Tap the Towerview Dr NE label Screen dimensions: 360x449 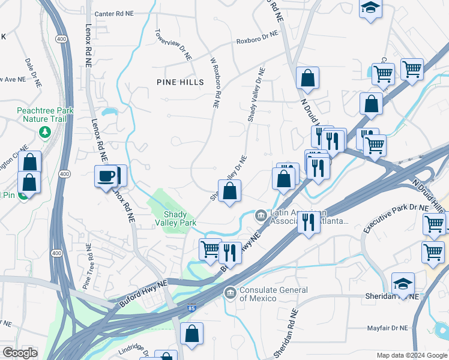(173, 46)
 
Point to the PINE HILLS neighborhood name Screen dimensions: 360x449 (180, 82)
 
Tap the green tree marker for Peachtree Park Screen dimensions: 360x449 (44, 131)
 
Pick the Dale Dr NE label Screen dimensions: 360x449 (31, 70)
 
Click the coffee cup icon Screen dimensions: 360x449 (107, 176)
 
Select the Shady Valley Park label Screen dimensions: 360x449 (181, 219)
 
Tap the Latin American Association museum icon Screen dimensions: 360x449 (261, 214)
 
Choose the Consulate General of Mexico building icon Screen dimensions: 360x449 (229, 293)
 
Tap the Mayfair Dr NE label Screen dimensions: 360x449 (387, 328)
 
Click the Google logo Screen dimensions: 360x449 (20, 353)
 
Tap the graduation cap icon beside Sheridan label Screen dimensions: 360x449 (403, 283)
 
